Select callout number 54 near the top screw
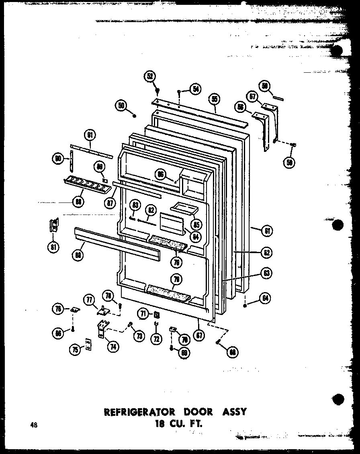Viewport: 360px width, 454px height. tap(196, 89)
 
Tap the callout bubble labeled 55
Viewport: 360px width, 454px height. tap(215, 99)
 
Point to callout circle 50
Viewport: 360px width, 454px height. tap(121, 106)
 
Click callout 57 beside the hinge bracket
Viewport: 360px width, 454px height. tap(253, 96)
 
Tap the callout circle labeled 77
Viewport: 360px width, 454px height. tap(89, 300)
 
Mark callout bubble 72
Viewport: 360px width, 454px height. tap(156, 339)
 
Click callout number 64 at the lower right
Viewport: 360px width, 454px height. tap(266, 299)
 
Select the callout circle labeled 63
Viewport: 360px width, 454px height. tap(266, 273)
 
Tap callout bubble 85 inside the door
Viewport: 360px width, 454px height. tap(196, 224)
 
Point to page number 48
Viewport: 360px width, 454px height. tap(33, 425)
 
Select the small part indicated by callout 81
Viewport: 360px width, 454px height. tap(53, 225)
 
